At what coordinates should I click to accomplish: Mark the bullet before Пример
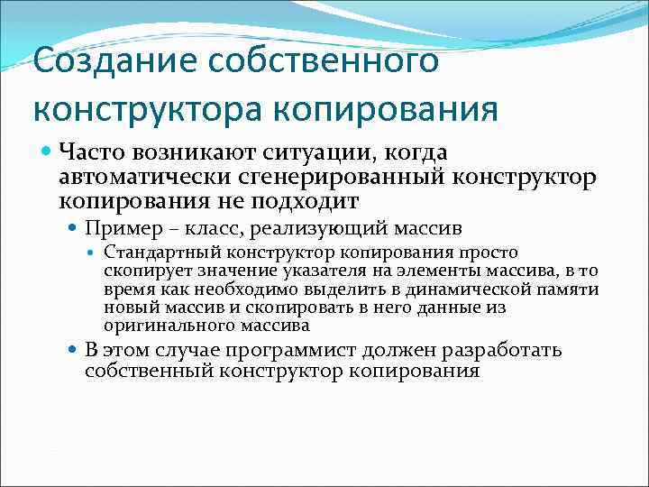pos(72,228)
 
